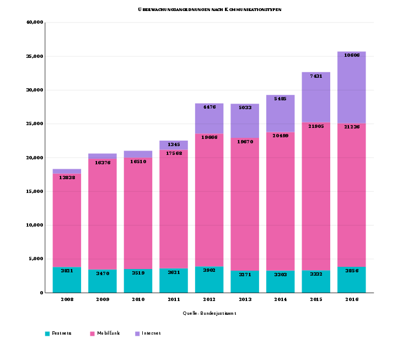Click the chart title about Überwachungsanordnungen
point(209,10)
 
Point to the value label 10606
point(352,56)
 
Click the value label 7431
point(316,76)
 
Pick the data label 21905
point(316,126)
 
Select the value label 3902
point(209,271)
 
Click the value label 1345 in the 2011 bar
point(174,144)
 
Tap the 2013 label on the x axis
point(245,299)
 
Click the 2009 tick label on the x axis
point(103,299)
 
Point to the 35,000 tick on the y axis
point(35,56)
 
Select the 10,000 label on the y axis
point(35,225)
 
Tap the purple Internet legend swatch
point(137,334)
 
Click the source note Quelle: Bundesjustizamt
point(209,313)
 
